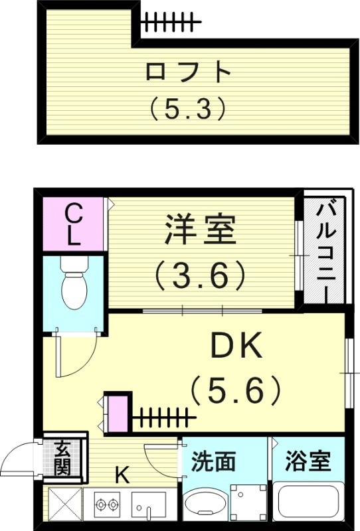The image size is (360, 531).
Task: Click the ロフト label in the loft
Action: [x=189, y=72]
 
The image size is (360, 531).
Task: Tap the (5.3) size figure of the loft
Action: [x=189, y=108]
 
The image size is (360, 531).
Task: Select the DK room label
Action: [x=237, y=346]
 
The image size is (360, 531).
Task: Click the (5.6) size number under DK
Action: [x=236, y=391]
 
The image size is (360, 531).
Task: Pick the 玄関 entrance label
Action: [x=62, y=457]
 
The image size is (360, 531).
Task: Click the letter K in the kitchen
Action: [x=122, y=475]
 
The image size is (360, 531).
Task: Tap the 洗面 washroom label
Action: [x=214, y=461]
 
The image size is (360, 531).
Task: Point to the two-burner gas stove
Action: [x=106, y=504]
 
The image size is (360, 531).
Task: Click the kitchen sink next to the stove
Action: [x=151, y=508]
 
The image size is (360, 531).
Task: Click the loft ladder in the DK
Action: [x=163, y=418]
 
